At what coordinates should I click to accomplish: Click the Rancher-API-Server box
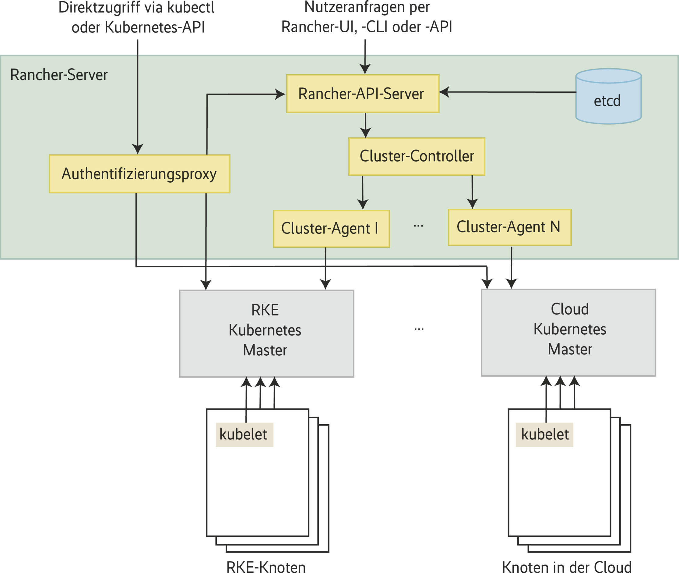click(363, 94)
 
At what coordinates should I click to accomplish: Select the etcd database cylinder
click(608, 97)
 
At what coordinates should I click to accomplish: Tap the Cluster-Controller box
click(417, 157)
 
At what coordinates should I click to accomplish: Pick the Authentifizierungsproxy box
click(139, 174)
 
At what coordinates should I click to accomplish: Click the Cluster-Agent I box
click(331, 229)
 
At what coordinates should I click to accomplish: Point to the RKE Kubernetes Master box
click(266, 333)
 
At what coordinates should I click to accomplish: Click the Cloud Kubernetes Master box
click(568, 332)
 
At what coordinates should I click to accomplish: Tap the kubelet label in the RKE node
click(244, 435)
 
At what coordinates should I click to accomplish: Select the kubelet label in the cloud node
click(544, 435)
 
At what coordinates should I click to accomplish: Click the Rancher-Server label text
click(59, 75)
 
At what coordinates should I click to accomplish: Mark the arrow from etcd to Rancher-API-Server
click(508, 92)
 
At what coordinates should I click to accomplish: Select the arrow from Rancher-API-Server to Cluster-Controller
click(365, 125)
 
